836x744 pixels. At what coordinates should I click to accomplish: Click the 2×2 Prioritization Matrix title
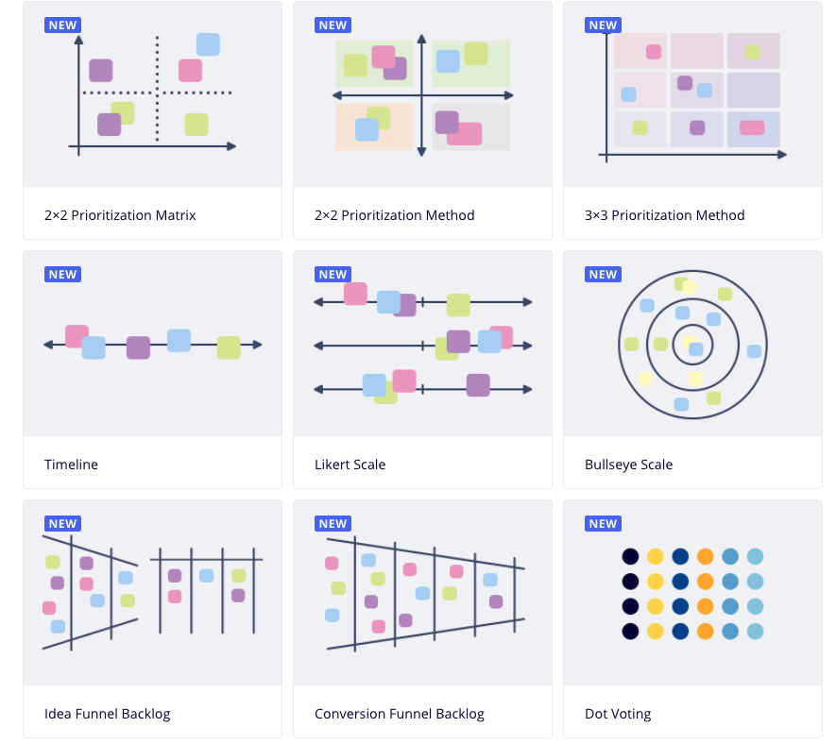(x=120, y=215)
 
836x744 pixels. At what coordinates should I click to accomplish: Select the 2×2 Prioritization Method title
(x=394, y=215)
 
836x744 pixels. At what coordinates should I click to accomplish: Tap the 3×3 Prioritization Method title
(x=664, y=215)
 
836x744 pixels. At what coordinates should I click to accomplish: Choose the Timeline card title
(x=71, y=465)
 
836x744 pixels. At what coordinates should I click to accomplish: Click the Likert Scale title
(x=350, y=465)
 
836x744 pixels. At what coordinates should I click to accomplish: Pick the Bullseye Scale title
(x=628, y=465)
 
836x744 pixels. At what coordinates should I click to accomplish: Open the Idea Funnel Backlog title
(x=107, y=714)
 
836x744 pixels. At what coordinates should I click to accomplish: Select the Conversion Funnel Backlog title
(x=399, y=714)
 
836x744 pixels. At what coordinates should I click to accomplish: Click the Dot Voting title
(x=618, y=714)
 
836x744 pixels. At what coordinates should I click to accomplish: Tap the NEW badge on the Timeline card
(x=62, y=275)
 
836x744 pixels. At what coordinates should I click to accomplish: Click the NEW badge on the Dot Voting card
(x=603, y=524)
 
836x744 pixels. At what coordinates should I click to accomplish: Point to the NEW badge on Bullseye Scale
(x=603, y=275)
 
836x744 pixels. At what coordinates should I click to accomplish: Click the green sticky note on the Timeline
(x=229, y=347)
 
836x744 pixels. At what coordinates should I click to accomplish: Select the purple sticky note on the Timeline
(x=138, y=347)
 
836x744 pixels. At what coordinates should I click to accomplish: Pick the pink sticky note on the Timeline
(x=76, y=335)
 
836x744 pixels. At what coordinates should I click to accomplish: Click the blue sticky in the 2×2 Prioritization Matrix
(x=208, y=44)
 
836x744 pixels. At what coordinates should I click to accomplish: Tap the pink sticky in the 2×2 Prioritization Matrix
(x=190, y=70)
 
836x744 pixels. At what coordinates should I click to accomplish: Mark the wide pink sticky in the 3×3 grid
(x=752, y=127)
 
